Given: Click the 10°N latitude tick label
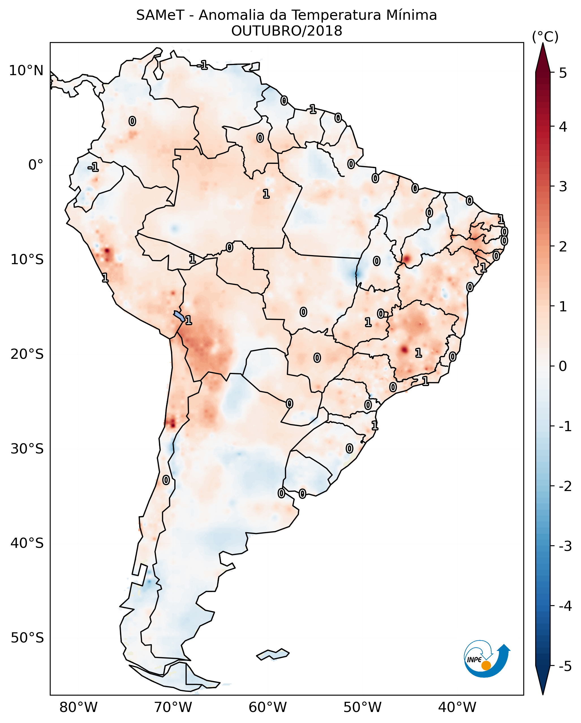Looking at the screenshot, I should click(26, 71).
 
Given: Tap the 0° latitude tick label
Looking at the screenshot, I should click(36, 165).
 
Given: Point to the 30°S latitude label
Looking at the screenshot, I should click(27, 449).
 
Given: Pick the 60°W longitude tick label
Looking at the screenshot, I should click(268, 707).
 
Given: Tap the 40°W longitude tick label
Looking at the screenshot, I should click(457, 707).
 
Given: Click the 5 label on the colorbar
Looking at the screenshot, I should click(563, 73).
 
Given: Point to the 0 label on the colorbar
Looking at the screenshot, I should click(563, 366).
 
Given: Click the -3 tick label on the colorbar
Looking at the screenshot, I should click(565, 546).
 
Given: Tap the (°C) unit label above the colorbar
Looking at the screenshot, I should click(545, 37).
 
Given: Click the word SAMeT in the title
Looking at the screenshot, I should click(160, 16).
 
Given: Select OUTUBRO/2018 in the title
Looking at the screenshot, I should click(287, 31).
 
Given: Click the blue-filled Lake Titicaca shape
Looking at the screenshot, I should click(179, 316).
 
